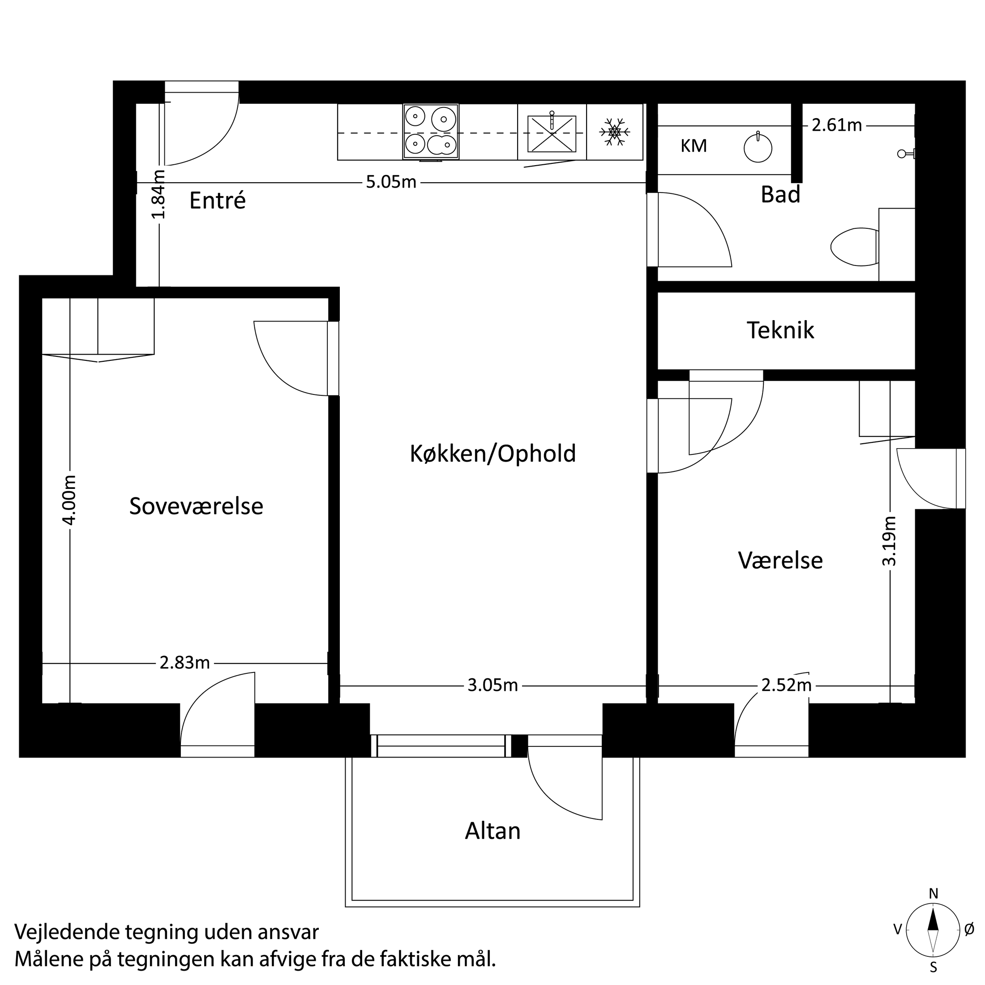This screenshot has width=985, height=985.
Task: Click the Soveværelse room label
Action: pos(196,506)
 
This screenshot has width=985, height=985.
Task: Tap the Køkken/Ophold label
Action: pos(492,453)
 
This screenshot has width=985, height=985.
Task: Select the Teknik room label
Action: pos(780,330)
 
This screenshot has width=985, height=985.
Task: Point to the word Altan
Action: pos(492,831)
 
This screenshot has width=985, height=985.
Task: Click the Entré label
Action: pos(217,201)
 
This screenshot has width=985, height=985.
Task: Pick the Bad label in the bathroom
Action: pos(780,195)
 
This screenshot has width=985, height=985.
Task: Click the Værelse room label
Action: pos(780,560)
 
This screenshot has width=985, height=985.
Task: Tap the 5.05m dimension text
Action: pos(391,182)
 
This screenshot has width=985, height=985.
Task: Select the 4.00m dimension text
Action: pos(70,500)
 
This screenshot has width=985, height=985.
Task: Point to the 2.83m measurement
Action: pos(184,663)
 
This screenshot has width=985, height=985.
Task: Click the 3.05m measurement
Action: pos(492,686)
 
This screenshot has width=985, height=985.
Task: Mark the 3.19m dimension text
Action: pos(890,540)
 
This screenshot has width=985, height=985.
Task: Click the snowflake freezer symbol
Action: pos(615,132)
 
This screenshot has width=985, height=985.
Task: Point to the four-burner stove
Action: pos(431,132)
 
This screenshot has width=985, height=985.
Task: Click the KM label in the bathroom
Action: pos(694,146)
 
